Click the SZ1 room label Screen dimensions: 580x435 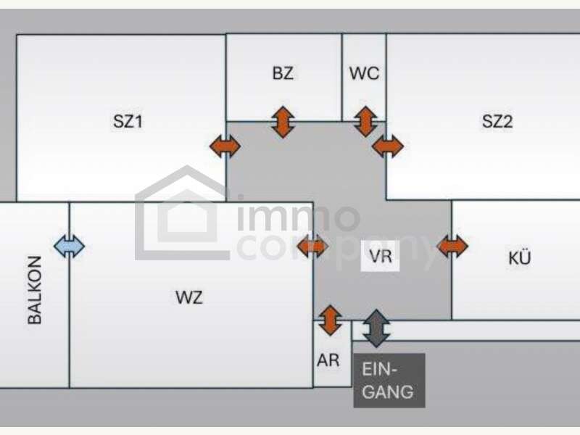128,121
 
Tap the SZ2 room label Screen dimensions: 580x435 497,121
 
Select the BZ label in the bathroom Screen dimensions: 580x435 283,73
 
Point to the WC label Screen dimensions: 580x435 365,73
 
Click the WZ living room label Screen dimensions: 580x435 189,297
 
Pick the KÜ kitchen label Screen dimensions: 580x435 519,257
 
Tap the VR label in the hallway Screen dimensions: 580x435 380,256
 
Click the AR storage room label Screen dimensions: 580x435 328,360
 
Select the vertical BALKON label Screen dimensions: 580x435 35,290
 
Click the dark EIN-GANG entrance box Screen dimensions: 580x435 389,381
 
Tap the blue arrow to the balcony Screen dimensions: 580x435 69,246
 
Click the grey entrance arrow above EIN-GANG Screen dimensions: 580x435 376,328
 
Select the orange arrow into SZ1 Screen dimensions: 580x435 225,146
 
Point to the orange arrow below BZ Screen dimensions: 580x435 283,122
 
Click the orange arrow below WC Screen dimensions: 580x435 365,122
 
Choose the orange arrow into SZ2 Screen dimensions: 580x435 388,146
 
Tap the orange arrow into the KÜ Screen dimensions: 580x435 452,246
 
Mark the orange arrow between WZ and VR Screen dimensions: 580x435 312,246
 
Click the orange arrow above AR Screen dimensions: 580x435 331,320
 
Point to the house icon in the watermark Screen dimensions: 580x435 183,212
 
